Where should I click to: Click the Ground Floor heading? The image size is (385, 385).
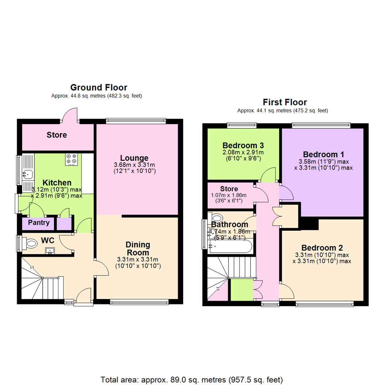(98, 87)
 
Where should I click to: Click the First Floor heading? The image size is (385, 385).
(284, 102)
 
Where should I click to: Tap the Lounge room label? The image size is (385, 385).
(134, 158)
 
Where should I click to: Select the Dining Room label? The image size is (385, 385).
(138, 248)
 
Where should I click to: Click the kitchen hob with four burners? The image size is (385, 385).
(71, 159)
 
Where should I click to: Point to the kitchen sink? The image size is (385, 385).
(27, 174)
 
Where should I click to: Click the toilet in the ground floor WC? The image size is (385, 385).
(31, 243)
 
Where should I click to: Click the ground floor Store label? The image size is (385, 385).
(57, 135)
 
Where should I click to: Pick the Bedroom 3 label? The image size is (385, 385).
(243, 145)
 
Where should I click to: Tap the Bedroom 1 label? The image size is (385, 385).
(323, 154)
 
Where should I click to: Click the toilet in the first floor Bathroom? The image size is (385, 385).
(216, 217)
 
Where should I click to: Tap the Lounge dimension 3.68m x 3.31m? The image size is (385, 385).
(134, 165)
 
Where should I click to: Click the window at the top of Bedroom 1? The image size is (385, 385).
(321, 125)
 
